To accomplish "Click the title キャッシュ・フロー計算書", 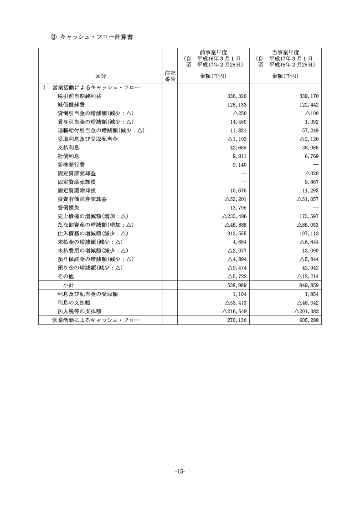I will [x=96, y=37].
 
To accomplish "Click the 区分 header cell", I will [x=101, y=76].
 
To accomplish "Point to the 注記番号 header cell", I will [x=170, y=76].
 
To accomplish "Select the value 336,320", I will [x=237, y=96].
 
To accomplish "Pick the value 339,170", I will [x=309, y=96].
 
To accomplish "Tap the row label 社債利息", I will [x=68, y=156].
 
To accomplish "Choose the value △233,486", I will [x=234, y=216].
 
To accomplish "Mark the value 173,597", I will [x=309, y=216].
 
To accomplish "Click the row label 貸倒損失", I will [x=68, y=208].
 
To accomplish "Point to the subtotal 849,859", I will [x=309, y=285].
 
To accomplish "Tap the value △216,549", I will [x=234, y=311].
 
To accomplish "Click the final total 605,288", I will [x=309, y=320].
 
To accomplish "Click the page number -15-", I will [x=180, y=471].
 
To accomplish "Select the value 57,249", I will [x=310, y=131].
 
